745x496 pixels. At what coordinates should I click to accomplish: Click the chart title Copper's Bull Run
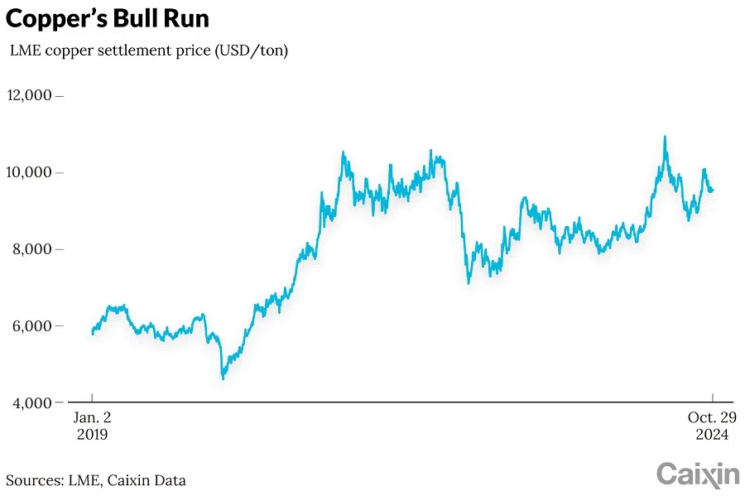(x=108, y=18)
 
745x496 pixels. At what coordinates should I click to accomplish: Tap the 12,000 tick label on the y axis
(x=29, y=95)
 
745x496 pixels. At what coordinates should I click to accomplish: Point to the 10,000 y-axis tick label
(x=29, y=172)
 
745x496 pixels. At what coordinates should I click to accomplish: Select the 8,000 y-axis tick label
(x=32, y=249)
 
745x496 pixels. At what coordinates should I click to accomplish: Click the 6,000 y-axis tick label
(x=32, y=325)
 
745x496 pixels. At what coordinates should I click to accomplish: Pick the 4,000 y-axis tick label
(x=32, y=402)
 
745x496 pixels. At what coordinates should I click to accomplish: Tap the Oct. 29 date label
(x=713, y=417)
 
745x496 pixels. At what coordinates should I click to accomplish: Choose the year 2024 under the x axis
(x=713, y=434)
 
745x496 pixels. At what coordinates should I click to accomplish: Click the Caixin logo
(x=698, y=474)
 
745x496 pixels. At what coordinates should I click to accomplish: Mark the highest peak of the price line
(x=664, y=137)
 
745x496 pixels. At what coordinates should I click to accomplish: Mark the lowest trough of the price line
(x=223, y=378)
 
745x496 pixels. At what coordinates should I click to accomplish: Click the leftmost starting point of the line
(x=92, y=333)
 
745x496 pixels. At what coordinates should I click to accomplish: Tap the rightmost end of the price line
(x=713, y=190)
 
